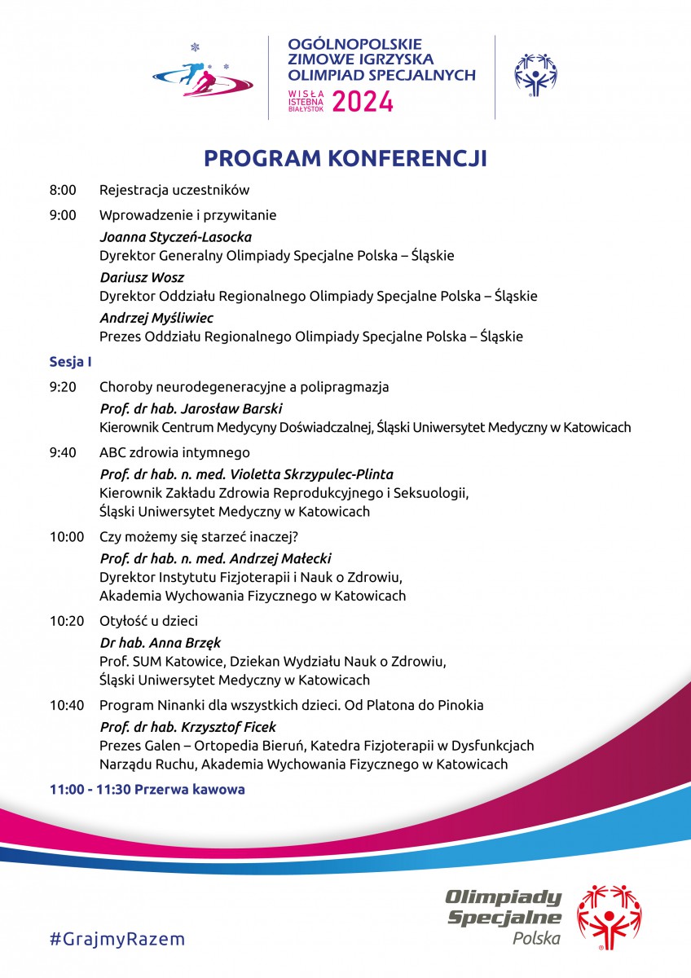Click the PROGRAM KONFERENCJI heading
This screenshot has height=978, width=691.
[x=345, y=157]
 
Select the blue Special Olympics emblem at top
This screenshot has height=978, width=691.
[x=535, y=75]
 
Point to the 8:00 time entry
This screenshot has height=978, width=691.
[x=63, y=191]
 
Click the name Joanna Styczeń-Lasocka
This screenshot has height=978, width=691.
[x=175, y=237]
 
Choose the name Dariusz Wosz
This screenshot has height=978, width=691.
[x=142, y=278]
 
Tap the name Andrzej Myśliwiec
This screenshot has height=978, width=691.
[x=156, y=318]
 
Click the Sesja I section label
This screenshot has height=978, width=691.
[x=69, y=361]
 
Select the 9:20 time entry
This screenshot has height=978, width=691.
[x=63, y=386]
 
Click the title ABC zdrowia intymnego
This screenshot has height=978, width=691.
[x=174, y=452]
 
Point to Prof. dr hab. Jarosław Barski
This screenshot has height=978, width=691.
[x=191, y=408]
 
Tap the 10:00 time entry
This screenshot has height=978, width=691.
[x=66, y=536]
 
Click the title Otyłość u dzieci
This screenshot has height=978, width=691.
[x=148, y=620]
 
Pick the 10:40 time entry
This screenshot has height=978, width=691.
[x=66, y=705]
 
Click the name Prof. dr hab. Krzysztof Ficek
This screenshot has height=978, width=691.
[x=187, y=726]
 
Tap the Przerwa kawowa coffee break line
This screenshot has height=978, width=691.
[x=147, y=790]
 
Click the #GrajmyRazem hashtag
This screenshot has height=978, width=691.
[x=117, y=939]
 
